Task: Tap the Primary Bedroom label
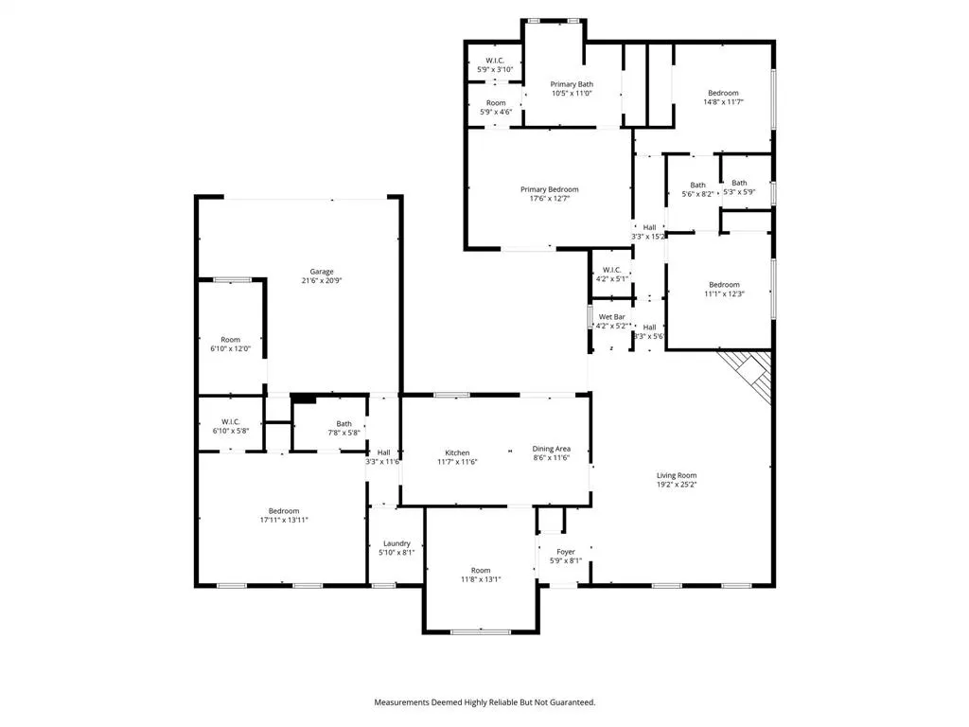(549, 189)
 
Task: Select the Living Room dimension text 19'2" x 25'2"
(677, 485)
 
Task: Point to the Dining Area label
(551, 449)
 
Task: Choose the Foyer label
(565, 552)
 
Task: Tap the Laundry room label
(395, 543)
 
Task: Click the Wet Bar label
(611, 317)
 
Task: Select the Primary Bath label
(572, 84)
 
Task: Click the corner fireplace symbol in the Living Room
(751, 373)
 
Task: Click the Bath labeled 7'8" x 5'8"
(344, 424)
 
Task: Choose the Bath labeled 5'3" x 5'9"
(739, 183)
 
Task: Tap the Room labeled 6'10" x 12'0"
(230, 340)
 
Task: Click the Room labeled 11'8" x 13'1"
(481, 570)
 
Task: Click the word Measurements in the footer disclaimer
(405, 702)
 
